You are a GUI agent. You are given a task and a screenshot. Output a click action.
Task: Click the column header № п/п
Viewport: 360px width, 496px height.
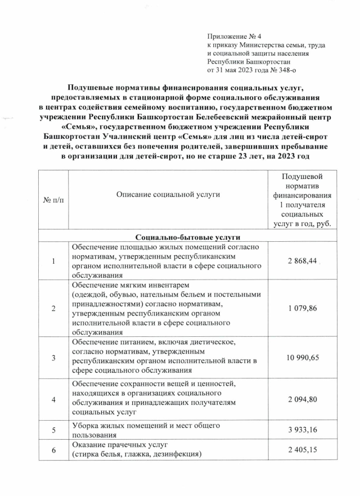[53, 201]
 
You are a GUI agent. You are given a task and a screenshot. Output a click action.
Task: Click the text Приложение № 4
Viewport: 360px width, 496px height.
[231, 36]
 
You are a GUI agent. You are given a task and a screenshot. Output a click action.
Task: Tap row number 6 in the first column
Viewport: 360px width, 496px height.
[53, 450]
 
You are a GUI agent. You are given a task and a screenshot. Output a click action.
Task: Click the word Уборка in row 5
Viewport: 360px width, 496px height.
[84, 426]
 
